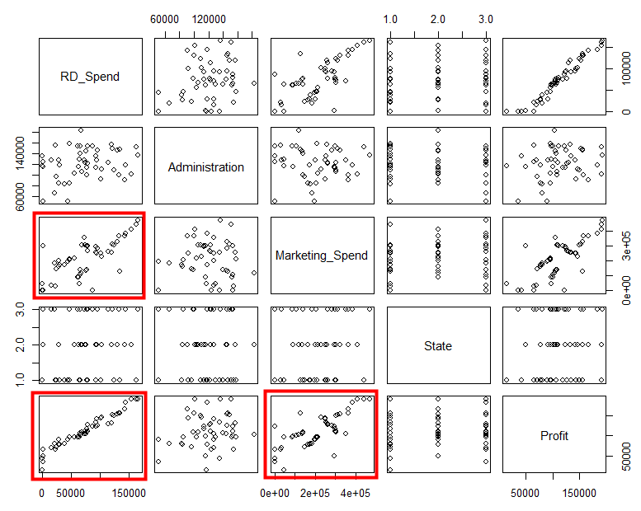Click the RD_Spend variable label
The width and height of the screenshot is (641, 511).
90,77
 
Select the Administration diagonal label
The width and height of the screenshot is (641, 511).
205,166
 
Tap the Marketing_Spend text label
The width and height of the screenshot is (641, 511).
322,255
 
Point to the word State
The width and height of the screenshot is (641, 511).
438,346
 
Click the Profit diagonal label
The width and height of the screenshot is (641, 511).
554,435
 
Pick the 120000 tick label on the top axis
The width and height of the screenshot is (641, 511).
210,19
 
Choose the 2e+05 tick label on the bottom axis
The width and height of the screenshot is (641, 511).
315,493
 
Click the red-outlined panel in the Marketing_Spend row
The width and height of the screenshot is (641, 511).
89,255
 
